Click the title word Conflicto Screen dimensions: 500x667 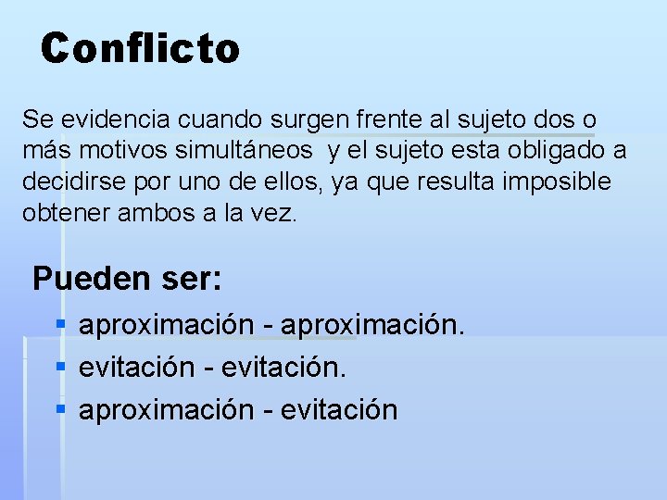pyautogui.click(x=140, y=48)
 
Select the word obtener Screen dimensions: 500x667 pyautogui.click(x=61, y=212)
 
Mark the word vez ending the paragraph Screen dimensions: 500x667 pyautogui.click(x=279, y=212)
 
